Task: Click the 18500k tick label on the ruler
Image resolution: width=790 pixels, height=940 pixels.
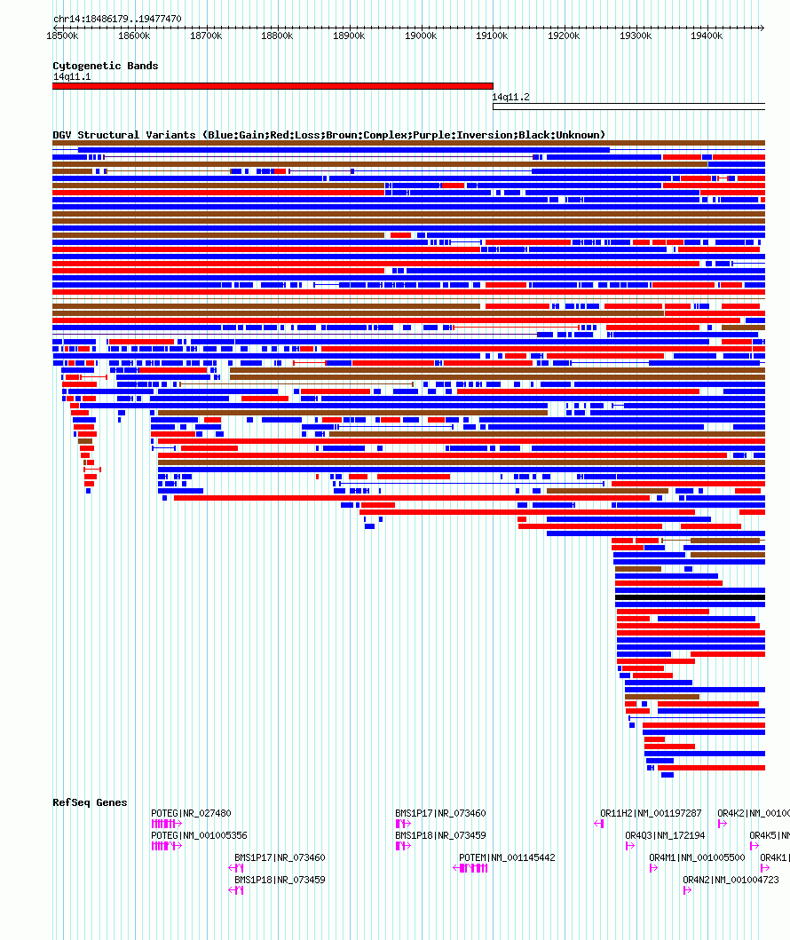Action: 62,36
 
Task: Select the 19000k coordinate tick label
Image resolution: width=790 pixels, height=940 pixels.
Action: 420,36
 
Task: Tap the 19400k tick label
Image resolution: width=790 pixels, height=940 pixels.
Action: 707,36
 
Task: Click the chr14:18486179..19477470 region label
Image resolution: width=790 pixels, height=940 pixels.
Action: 117,19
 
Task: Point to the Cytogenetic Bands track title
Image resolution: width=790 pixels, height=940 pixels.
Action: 105,66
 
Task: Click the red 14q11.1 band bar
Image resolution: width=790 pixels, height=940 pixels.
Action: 273,86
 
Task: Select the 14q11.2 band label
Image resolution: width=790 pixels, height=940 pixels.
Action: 510,97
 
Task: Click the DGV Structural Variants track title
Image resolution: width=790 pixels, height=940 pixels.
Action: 328,135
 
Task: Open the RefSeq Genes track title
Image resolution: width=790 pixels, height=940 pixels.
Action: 90,802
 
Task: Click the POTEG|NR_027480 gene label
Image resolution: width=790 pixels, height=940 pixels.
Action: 191,813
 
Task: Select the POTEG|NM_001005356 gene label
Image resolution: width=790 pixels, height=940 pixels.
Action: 199,835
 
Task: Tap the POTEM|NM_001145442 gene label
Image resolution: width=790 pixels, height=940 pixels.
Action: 507,857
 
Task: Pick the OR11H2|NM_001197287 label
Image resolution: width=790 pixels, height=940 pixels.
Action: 651,813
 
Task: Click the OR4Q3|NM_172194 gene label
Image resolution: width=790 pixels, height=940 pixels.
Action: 665,835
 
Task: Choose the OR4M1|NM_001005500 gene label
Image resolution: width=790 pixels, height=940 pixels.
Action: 697,857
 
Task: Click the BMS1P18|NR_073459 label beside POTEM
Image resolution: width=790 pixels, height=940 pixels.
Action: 440,835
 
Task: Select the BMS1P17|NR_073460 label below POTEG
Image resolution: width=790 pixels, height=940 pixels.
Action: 280,857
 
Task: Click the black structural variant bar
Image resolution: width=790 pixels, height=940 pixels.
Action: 690,597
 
